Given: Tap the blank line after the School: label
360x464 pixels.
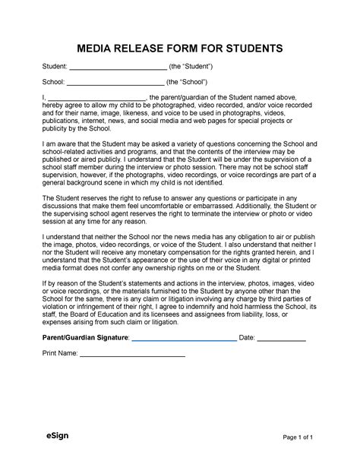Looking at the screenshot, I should [115, 82].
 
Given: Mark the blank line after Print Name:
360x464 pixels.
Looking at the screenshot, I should [132, 377].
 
